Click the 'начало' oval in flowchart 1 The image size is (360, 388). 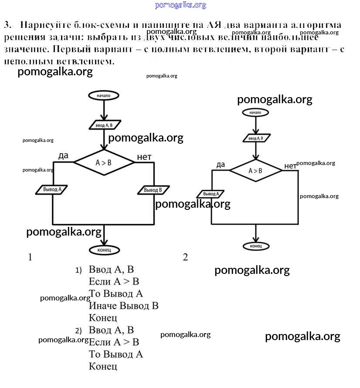pyautogui.click(x=104, y=95)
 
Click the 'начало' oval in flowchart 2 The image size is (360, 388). pyautogui.click(x=255, y=112)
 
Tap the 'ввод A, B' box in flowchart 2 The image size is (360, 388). pyautogui.click(x=255, y=138)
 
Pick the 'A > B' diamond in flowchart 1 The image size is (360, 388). pyautogui.click(x=104, y=162)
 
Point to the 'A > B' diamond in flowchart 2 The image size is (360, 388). pyautogui.click(x=255, y=170)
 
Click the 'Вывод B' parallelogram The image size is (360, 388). pyautogui.click(x=153, y=190)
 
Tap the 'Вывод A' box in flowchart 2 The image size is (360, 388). pyautogui.click(x=211, y=194)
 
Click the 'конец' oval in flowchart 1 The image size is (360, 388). pyautogui.click(x=104, y=250)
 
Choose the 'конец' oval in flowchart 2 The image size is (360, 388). pyautogui.click(x=255, y=246)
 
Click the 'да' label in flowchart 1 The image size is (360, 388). pyautogui.click(x=64, y=155)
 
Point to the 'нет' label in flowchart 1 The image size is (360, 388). pyautogui.click(x=144, y=157)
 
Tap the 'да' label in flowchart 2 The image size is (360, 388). pyautogui.click(x=221, y=164)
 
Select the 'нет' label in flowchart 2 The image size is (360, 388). pyautogui.click(x=290, y=165)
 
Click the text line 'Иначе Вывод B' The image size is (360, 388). pyautogui.click(x=123, y=306)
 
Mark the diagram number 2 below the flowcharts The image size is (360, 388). pyautogui.click(x=185, y=257)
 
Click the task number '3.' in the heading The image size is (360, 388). pyautogui.click(x=7, y=25)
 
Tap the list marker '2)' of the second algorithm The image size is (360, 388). pyautogui.click(x=78, y=330)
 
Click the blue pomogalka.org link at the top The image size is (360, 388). pyautogui.click(x=180, y=5)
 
